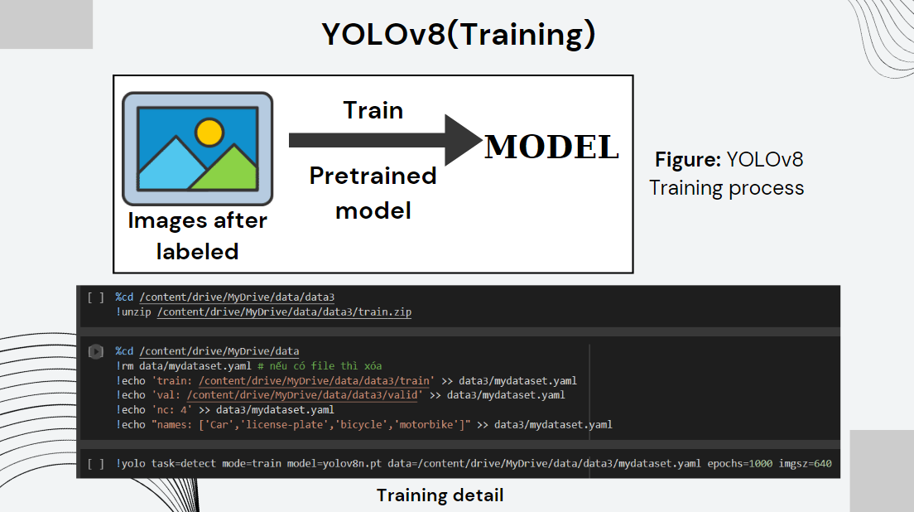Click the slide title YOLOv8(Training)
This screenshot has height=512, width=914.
pyautogui.click(x=458, y=35)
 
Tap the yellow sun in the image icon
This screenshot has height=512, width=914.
pyautogui.click(x=209, y=131)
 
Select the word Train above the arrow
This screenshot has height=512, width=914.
pyautogui.click(x=373, y=110)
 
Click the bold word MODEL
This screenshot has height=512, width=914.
pyautogui.click(x=551, y=147)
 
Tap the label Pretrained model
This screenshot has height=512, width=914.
pyautogui.click(x=373, y=192)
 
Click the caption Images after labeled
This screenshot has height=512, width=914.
pyautogui.click(x=197, y=236)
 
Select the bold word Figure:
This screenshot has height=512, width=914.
pyautogui.click(x=688, y=159)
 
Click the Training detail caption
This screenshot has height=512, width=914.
pyautogui.click(x=440, y=495)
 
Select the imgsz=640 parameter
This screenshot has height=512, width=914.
pyautogui.click(x=805, y=464)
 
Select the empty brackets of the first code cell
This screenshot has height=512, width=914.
pyautogui.click(x=95, y=297)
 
